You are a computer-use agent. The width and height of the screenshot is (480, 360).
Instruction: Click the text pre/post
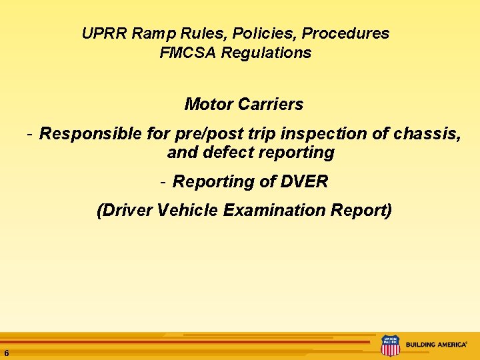point(201,134)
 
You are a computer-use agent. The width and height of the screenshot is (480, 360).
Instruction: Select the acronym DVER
point(304,182)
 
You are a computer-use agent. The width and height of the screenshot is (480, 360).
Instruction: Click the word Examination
point(274,211)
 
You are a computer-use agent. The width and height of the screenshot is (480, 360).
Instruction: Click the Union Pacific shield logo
point(389,345)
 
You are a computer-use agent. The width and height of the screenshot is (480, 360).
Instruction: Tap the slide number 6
point(6,353)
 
